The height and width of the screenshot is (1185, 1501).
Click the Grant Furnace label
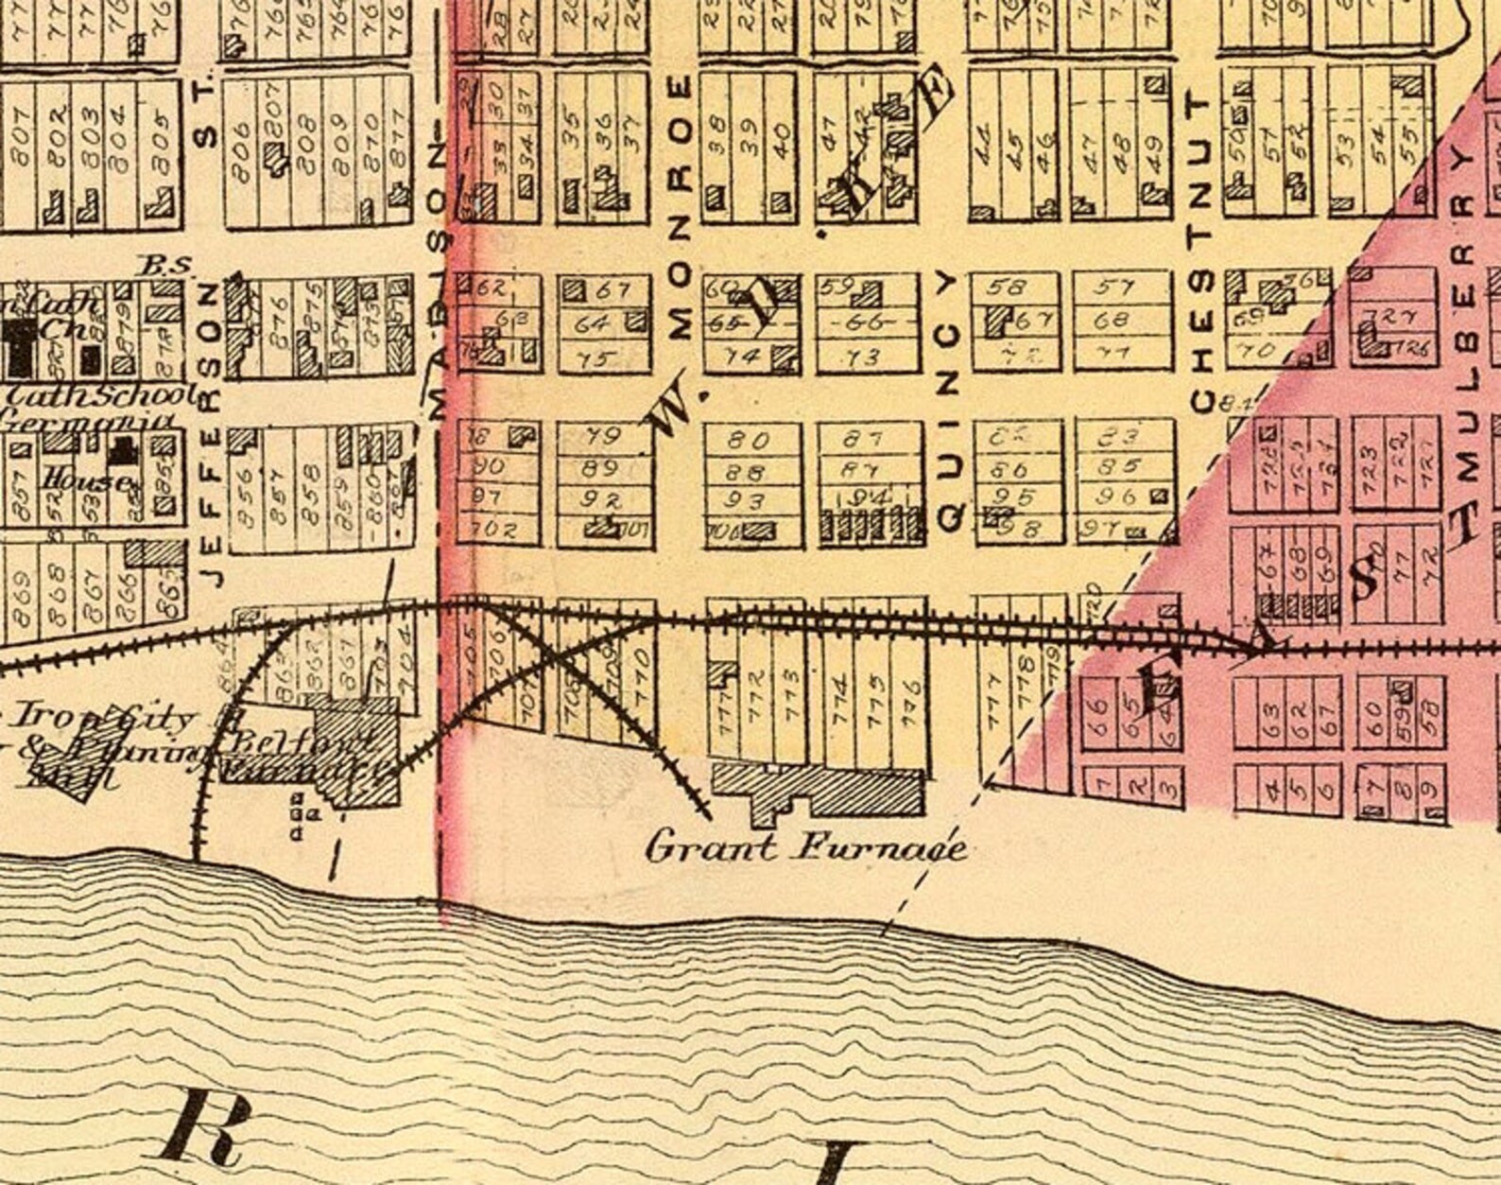point(805,846)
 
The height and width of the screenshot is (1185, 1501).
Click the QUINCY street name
point(949,397)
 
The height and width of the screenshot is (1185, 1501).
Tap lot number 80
point(750,440)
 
